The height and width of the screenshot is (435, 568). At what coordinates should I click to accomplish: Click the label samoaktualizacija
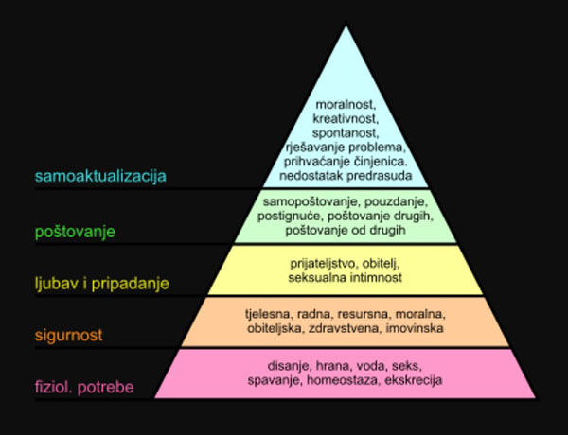(100, 176)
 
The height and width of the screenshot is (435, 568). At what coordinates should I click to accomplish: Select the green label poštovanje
(75, 232)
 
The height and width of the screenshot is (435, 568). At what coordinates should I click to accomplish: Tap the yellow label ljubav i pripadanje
(102, 284)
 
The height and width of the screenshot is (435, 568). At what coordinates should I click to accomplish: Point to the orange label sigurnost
(68, 335)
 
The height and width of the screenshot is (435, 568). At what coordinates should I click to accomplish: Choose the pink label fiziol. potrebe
(84, 387)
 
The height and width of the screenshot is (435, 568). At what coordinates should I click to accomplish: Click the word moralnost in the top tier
(346, 105)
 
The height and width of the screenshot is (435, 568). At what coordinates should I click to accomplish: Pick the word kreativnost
(346, 119)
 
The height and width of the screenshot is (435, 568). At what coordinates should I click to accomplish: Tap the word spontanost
(346, 133)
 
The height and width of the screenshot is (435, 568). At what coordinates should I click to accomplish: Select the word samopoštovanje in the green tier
(311, 202)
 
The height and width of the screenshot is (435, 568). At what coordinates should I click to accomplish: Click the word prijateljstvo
(323, 264)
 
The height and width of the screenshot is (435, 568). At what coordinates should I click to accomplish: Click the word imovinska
(415, 328)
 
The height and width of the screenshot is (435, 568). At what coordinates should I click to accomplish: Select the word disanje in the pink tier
(290, 366)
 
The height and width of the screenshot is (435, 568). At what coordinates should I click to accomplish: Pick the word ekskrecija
(414, 380)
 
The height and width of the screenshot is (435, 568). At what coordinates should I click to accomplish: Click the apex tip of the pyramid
(346, 26)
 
